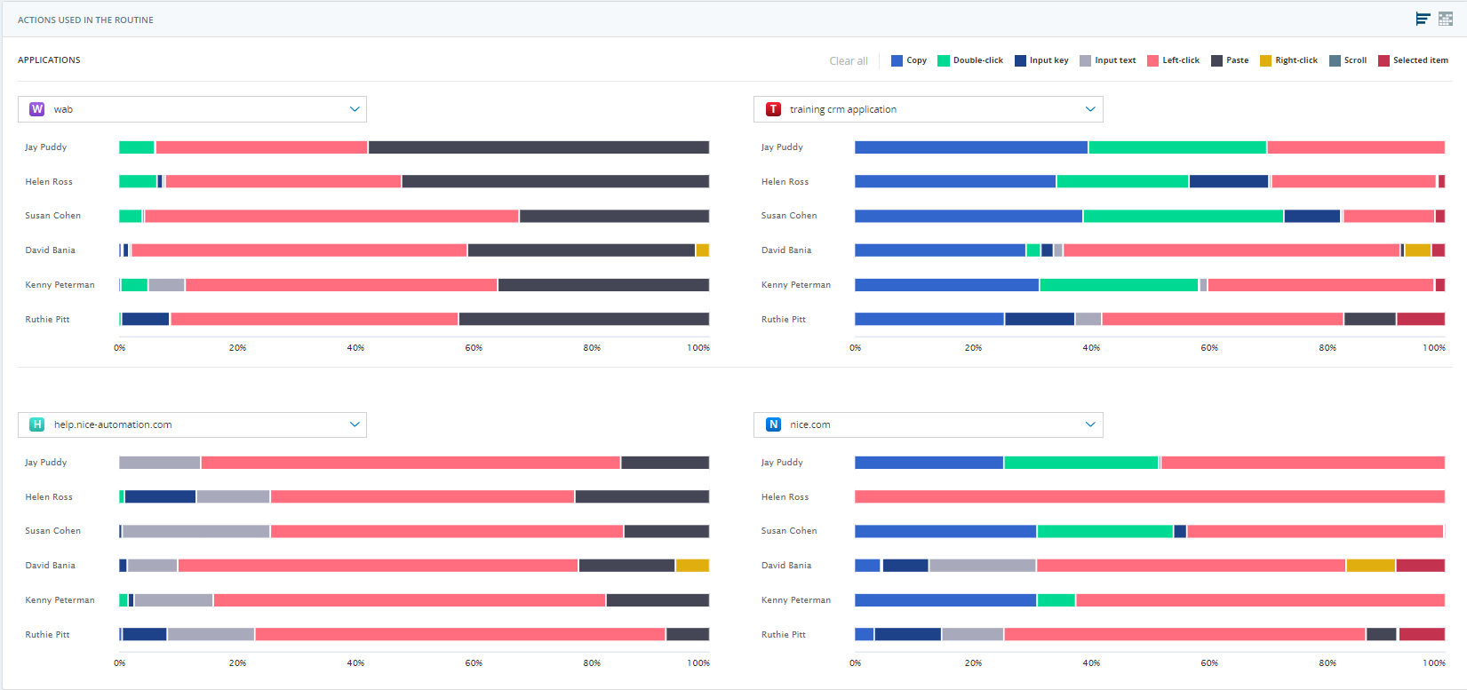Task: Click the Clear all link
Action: tap(848, 61)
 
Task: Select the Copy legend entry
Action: tap(909, 60)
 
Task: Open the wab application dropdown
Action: tap(192, 109)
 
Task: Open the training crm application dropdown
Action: tap(928, 109)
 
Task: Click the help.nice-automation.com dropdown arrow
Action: tap(355, 424)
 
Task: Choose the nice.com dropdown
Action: tap(928, 424)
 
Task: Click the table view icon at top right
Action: tap(1446, 19)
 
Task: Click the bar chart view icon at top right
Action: tap(1423, 19)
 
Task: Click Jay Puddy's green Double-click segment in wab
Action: tap(137, 147)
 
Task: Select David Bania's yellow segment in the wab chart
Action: tap(702, 250)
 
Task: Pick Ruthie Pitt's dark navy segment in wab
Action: tap(145, 319)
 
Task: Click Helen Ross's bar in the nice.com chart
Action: tap(1149, 497)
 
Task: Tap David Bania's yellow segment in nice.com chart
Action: tap(1370, 566)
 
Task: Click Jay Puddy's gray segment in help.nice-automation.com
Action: tap(160, 463)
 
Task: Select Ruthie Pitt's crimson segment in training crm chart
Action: tap(1420, 319)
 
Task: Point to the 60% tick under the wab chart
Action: tap(474, 348)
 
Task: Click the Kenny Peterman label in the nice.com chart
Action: tap(795, 600)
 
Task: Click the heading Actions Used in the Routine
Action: tap(85, 20)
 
